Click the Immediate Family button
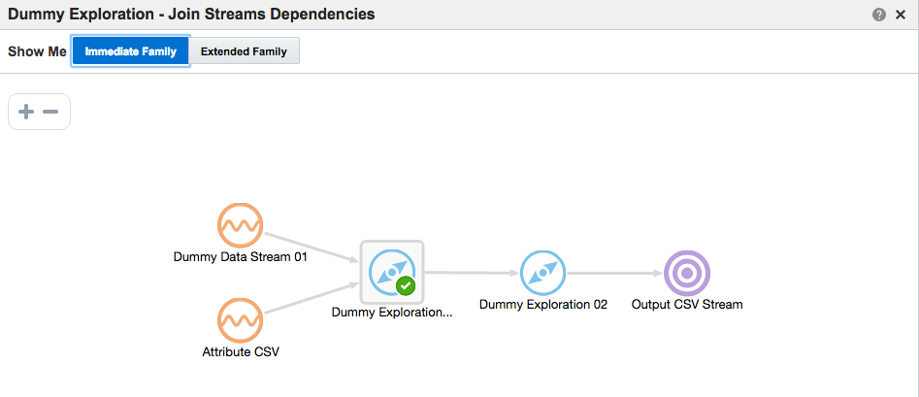pos(130,51)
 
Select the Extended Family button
pos(244,51)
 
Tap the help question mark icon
pos(878,15)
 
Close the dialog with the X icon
pos(900,15)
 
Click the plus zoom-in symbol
pos(26,112)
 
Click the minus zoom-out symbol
pos(50,112)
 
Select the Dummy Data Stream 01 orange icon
pos(240,226)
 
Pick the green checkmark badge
pos(406,286)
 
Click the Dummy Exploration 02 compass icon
pos(542,273)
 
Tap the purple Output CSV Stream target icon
pos(687,273)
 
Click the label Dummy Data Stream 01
pos(240,257)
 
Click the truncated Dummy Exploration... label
pos(392,313)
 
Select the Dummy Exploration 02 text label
pos(542,304)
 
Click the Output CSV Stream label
pos(687,304)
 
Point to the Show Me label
pos(37,51)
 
